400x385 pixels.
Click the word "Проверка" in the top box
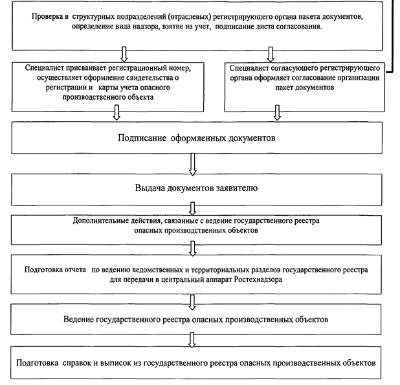click(x=48, y=17)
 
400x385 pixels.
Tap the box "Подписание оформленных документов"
click(x=197, y=138)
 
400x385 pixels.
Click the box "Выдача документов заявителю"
click(x=196, y=189)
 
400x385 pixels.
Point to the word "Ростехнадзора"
click(x=258, y=279)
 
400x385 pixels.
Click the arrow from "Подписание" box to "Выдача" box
click(x=193, y=164)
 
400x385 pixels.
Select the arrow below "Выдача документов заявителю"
click(x=193, y=209)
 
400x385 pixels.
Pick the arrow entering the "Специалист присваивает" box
click(x=124, y=54)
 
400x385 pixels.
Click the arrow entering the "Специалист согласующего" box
click(x=271, y=54)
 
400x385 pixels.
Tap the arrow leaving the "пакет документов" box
click(x=277, y=112)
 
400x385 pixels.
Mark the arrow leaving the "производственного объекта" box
click(x=117, y=112)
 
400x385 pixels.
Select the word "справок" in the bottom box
click(x=76, y=363)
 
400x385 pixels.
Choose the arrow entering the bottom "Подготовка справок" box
click(x=192, y=340)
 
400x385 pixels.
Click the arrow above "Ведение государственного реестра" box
click(x=192, y=302)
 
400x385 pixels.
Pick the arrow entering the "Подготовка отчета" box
click(x=193, y=248)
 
